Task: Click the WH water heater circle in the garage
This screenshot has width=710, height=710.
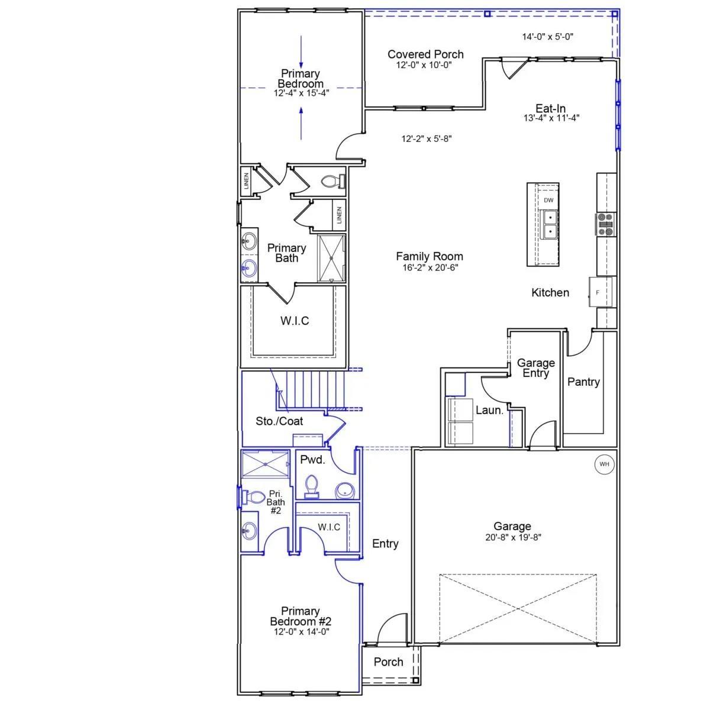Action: coord(604,464)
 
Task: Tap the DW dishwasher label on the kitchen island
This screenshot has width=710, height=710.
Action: coord(548,201)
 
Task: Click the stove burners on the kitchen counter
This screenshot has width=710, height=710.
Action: coord(605,224)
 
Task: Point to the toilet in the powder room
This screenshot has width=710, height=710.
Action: coord(312,487)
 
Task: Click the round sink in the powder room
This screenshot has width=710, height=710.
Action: coord(345,490)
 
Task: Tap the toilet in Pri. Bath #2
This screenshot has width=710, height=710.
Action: coord(251,497)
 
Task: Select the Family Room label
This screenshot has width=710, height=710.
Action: coord(429,256)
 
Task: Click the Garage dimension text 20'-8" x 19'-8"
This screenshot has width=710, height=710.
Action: coord(513,538)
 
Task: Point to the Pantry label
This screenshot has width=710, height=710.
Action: coord(583,382)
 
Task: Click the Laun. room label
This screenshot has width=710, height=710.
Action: coord(489,410)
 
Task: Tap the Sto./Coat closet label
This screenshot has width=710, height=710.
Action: coord(279,421)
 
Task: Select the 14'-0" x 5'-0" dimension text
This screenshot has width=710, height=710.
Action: coord(547,37)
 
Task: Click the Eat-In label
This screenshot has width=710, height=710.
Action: coord(550,108)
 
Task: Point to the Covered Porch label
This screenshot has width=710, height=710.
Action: coord(425,54)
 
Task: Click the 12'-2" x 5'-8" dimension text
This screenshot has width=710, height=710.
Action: coord(427,138)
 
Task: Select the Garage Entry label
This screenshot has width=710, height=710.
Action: coord(535,368)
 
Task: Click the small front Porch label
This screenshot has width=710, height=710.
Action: coord(388,662)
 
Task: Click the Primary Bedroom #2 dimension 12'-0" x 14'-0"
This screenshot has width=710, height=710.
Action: coord(301,632)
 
